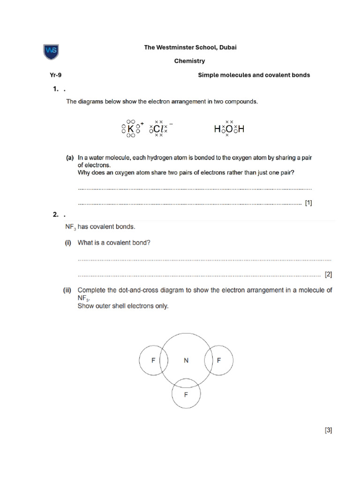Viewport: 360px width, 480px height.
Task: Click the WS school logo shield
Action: point(51,52)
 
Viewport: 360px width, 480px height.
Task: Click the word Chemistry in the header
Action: point(189,61)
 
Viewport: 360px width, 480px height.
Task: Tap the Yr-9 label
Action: point(56,75)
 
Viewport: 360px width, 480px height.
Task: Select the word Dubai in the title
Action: point(221,48)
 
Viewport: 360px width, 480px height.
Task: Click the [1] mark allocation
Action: point(308,203)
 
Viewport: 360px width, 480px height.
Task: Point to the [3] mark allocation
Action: point(328,430)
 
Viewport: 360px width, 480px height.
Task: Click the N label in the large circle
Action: point(186,360)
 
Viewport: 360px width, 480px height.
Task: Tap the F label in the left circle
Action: point(153,360)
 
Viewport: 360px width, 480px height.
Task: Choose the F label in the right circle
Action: point(218,360)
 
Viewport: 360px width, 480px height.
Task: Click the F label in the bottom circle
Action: point(186,395)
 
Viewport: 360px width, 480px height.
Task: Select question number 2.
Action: point(55,215)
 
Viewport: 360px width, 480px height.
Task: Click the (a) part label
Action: point(69,158)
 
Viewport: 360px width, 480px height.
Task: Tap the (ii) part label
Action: point(68,290)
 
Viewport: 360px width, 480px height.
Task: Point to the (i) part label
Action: point(68,243)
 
